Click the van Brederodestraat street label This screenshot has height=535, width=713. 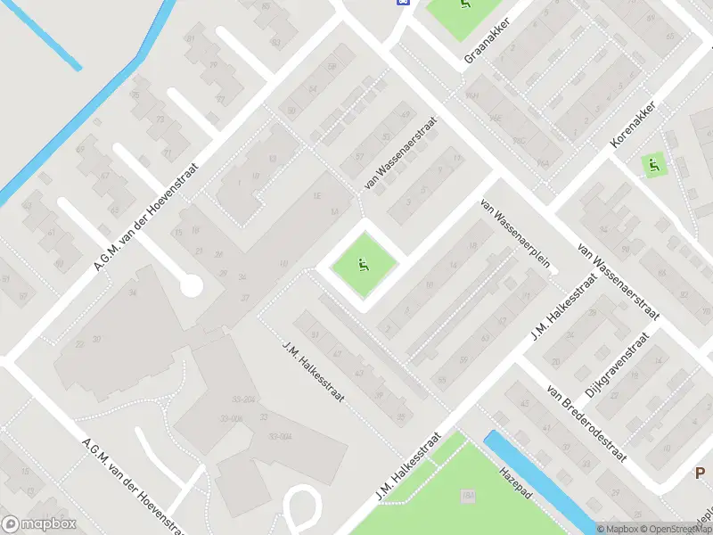pyautogui.click(x=587, y=424)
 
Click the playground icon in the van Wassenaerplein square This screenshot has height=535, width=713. pyautogui.click(x=363, y=263)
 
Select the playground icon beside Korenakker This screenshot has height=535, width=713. pyautogui.click(x=653, y=164)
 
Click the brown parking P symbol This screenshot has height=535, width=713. pyautogui.click(x=701, y=473)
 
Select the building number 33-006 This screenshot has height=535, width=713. pyautogui.click(x=231, y=418)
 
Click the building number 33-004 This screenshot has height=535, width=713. pyautogui.click(x=280, y=436)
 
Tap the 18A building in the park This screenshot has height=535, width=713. pyautogui.click(x=468, y=495)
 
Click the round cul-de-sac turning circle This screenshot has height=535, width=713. pyautogui.click(x=190, y=285)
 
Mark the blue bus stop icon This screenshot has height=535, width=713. pyautogui.click(x=404, y=3)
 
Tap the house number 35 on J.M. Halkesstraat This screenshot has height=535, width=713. pyautogui.click(x=400, y=416)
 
